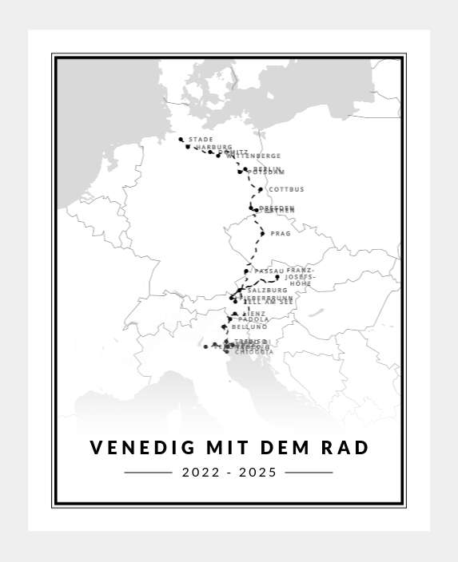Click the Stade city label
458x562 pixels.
tap(201, 140)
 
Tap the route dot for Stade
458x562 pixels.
tap(181, 139)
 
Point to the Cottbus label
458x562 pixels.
tap(286, 189)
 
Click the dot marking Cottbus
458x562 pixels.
tap(261, 189)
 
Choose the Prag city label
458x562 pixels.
tap(281, 234)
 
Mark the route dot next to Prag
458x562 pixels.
tap(262, 234)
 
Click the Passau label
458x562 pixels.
tap(269, 271)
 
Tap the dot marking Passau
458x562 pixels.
tap(246, 271)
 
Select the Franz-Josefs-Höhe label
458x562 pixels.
tap(300, 277)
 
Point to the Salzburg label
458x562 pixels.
tap(268, 290)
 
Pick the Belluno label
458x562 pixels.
tap(249, 327)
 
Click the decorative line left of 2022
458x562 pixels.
tap(149, 473)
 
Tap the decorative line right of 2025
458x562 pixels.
tap(309, 473)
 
